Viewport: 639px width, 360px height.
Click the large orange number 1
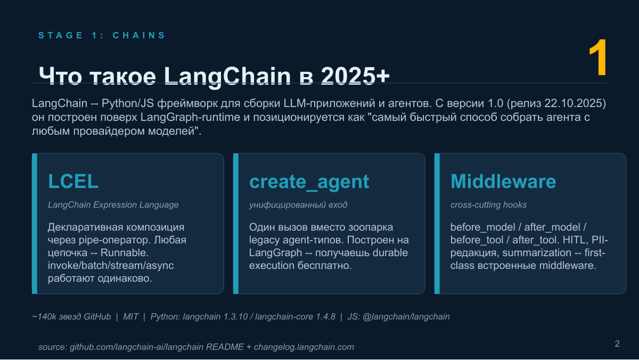tap(598, 58)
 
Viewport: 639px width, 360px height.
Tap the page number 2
tap(617, 343)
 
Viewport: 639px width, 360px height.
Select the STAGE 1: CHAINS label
tap(102, 35)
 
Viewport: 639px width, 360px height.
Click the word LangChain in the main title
tap(227, 76)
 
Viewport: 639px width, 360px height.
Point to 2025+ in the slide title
tap(355, 76)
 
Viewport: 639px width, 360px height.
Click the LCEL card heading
tap(73, 181)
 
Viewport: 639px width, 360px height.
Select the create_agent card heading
tap(309, 182)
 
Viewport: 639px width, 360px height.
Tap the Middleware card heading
tap(503, 181)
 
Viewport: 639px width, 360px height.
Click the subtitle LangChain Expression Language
tap(113, 205)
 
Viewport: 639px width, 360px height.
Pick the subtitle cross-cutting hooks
tap(488, 205)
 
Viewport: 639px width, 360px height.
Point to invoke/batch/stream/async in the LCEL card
tap(111, 266)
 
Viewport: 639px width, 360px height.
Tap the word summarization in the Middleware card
tap(537, 253)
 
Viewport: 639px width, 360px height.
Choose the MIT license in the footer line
tap(130, 317)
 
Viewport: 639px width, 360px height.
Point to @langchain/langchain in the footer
tap(406, 317)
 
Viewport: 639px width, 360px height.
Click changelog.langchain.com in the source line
tap(304, 347)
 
